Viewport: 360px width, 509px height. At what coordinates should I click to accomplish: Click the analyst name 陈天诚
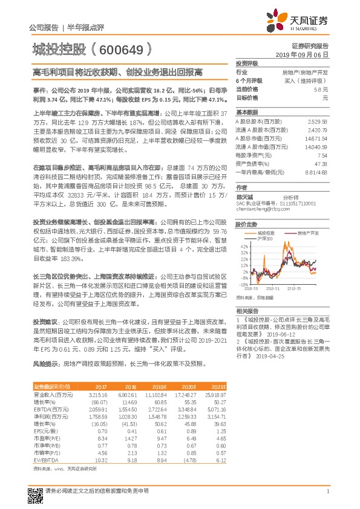(244, 196)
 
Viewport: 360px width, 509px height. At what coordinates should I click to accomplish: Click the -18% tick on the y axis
(243, 283)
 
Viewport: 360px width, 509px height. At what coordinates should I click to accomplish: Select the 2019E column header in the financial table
(158, 386)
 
